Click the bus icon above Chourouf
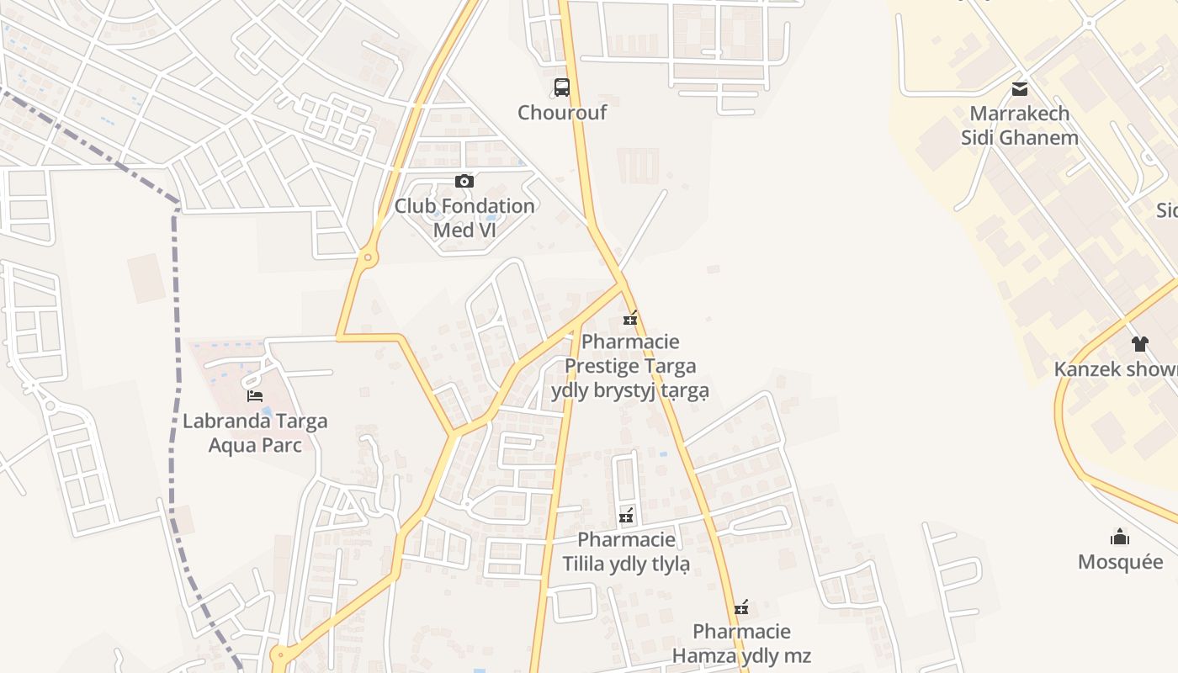coord(561,87)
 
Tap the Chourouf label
coord(561,112)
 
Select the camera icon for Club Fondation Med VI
coord(464,181)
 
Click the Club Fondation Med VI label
coord(464,217)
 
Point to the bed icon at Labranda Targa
coord(255,395)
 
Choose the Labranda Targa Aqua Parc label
coord(255,432)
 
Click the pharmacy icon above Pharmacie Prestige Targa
coord(629,318)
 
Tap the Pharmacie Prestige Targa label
coord(630,366)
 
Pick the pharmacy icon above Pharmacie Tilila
coord(626,515)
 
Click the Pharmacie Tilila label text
coord(626,551)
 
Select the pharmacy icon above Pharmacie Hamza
coord(741,607)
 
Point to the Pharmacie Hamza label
coord(741,643)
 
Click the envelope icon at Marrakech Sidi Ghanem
coord(1020,88)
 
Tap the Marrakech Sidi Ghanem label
coord(1020,125)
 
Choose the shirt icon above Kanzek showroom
coord(1140,343)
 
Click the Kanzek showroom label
coord(1116,368)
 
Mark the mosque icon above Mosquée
coord(1120,537)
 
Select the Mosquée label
coord(1120,561)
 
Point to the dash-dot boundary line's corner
coord(177,205)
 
